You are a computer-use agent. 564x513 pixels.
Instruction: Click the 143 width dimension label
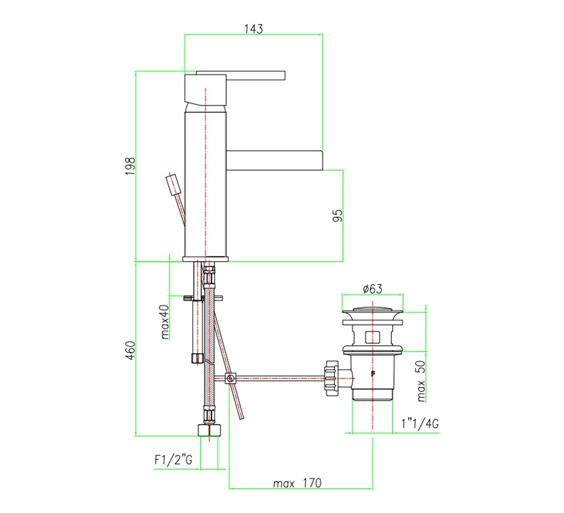pos(254,29)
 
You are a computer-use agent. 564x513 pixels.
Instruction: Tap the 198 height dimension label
pos(130,166)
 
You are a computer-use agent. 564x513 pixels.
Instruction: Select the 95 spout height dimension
pos(338,215)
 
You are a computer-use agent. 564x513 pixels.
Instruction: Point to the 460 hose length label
pos(130,350)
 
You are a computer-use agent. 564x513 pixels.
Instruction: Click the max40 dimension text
pos(165,322)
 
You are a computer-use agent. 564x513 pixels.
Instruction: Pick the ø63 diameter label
pos(373,289)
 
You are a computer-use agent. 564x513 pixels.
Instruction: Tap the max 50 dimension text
pos(421,381)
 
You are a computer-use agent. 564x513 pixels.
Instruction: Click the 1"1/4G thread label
pos(420,423)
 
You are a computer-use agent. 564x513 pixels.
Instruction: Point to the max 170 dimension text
pos(297,483)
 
